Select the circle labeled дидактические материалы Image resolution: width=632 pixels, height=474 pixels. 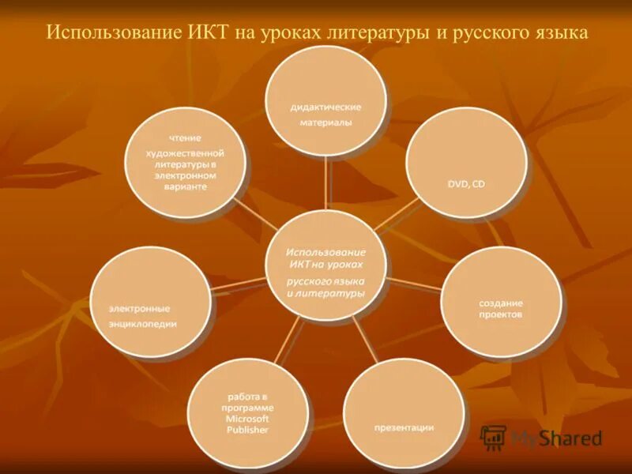pos(325,100)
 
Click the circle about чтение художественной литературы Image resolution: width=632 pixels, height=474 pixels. pos(186,162)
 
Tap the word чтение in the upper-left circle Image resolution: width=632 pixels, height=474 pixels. pos(184,138)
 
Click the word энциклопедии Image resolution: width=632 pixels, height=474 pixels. pos(143,323)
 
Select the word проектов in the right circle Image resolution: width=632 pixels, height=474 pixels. pos(500,314)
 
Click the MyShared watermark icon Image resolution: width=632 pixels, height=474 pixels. pos(494,437)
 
